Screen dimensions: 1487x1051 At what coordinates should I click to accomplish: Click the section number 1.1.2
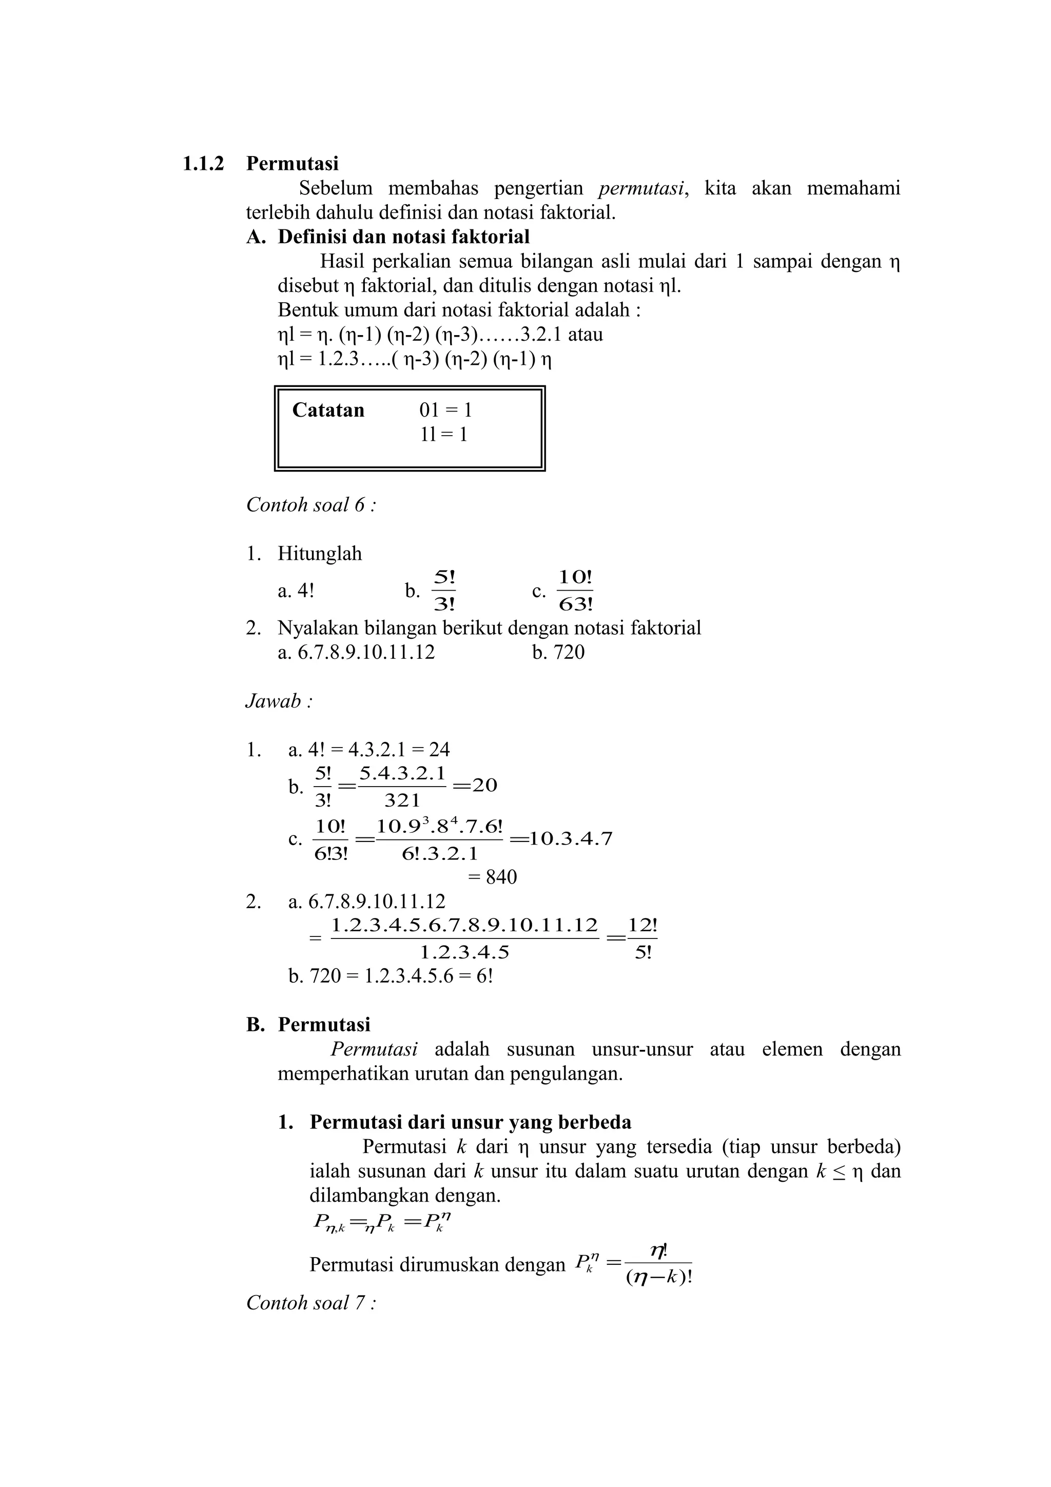203,164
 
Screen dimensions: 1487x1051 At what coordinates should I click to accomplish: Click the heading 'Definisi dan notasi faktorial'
403,237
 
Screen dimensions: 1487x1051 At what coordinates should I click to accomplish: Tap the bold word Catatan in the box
328,410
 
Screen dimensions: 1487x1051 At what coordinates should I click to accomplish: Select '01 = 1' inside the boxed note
445,410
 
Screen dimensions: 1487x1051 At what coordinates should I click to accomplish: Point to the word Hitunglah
320,554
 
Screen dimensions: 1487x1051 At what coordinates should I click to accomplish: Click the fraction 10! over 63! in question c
576,591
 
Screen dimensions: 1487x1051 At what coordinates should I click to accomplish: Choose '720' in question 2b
569,652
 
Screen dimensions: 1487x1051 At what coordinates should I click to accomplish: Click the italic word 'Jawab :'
279,701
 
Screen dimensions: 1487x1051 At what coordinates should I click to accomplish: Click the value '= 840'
492,877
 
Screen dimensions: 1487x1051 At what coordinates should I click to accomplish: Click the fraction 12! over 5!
643,939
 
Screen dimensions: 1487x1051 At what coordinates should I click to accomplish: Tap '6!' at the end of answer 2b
484,976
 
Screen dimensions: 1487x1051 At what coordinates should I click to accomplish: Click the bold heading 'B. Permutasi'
308,1025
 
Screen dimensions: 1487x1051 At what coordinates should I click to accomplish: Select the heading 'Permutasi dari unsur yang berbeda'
470,1122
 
